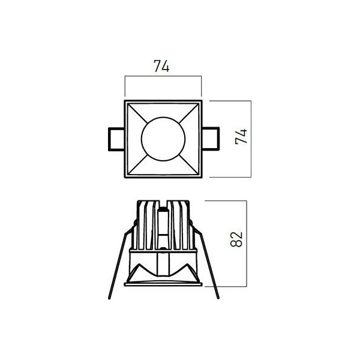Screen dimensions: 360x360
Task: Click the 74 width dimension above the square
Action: click(x=161, y=66)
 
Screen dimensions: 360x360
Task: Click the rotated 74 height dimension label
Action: click(x=241, y=136)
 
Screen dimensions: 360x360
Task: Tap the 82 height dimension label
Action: click(x=236, y=239)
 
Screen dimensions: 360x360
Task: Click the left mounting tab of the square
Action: click(x=116, y=139)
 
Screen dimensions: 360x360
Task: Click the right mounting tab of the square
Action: click(x=211, y=139)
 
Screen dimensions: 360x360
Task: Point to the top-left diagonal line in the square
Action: click(x=137, y=113)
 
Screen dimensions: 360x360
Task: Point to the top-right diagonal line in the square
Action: click(x=189, y=113)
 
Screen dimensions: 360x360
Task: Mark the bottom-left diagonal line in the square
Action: click(x=137, y=164)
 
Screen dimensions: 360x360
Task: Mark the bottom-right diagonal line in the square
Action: click(x=188, y=164)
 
